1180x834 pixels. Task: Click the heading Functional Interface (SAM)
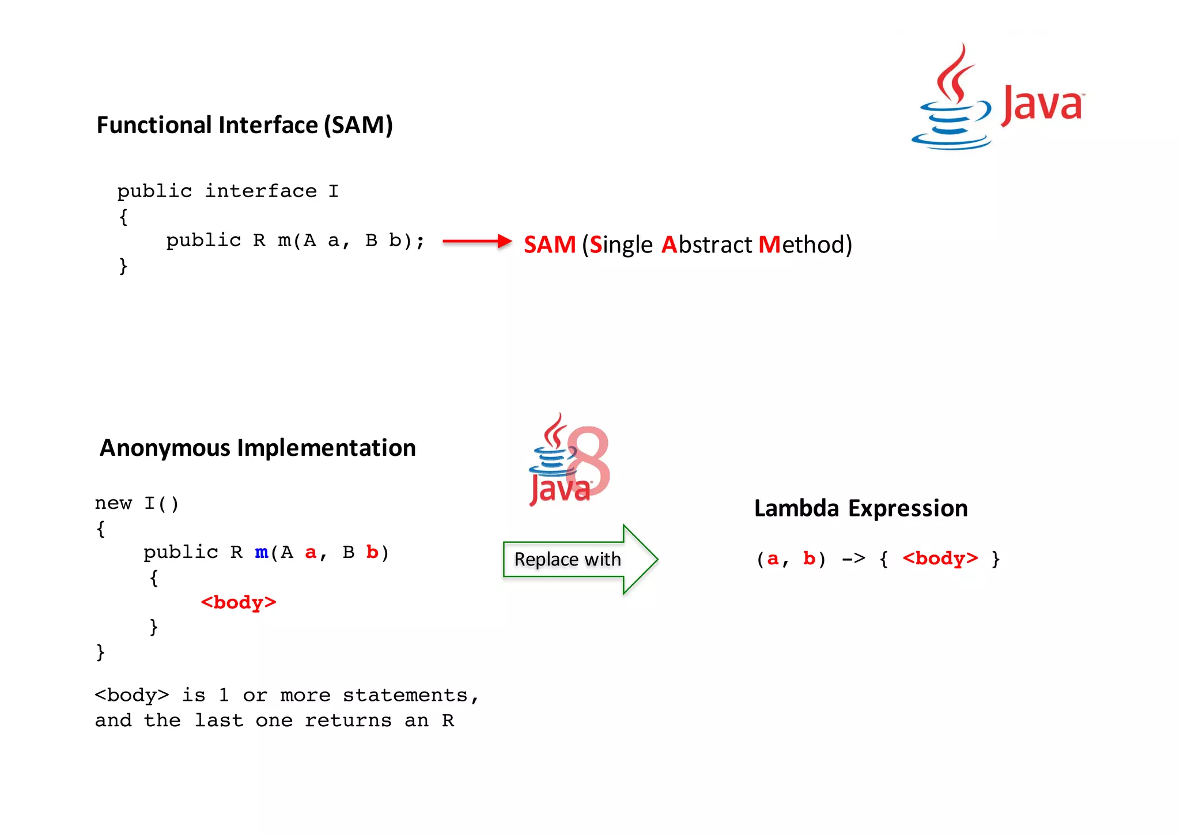pos(244,125)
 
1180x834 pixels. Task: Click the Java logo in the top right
pos(997,98)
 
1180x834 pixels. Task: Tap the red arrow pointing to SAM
pos(476,241)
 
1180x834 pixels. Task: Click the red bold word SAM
pos(549,245)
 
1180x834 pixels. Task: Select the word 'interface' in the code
pos(261,191)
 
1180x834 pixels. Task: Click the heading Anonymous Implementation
pos(258,448)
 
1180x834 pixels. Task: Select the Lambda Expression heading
pos(861,508)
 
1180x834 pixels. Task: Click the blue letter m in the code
pos(262,552)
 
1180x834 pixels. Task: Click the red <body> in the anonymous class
pos(239,602)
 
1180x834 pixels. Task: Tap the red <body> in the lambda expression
pos(940,558)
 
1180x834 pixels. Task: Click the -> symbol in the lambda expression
pos(853,558)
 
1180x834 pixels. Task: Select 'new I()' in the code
pos(137,503)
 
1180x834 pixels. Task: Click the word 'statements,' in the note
pos(410,696)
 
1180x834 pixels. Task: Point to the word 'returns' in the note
pos(347,720)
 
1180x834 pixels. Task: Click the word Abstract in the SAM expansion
pos(707,245)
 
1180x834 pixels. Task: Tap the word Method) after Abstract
pos(805,245)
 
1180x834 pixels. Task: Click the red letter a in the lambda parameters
pos(773,558)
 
